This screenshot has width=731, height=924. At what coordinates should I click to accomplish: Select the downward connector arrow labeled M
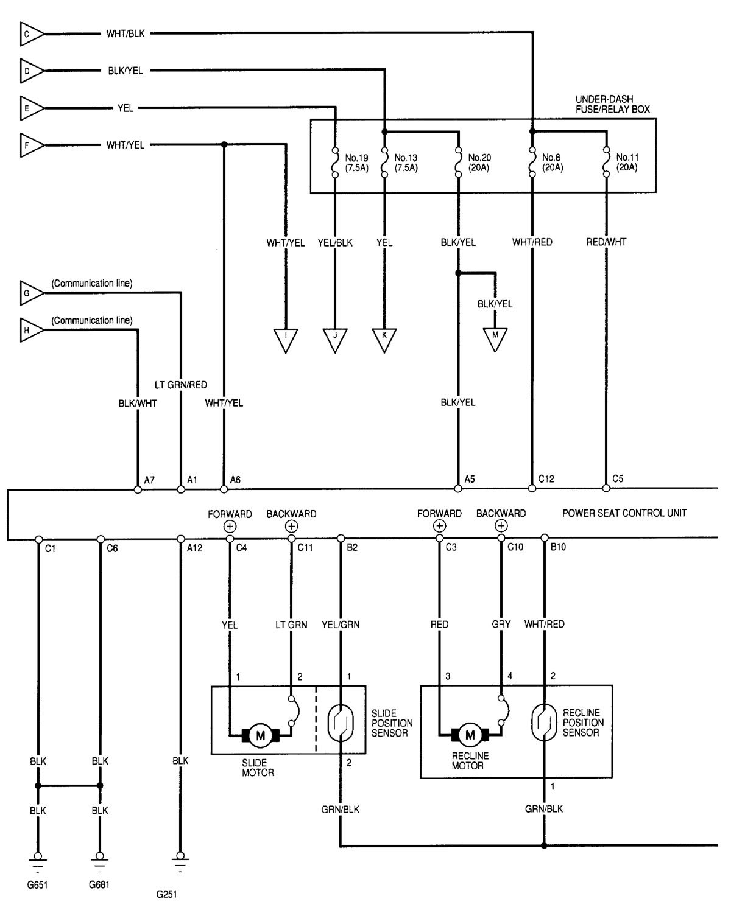click(495, 338)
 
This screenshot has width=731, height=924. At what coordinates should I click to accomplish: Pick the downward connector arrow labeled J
click(335, 338)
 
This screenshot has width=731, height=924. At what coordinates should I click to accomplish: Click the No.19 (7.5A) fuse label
click(356, 163)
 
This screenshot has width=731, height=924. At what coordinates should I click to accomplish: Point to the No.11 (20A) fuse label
click(626, 162)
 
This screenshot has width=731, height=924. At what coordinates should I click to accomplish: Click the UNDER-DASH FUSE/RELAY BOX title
click(612, 104)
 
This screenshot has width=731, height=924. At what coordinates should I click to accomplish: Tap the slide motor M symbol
click(261, 735)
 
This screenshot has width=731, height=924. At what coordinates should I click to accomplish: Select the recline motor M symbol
click(470, 735)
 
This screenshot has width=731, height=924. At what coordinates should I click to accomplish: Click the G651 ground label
click(37, 885)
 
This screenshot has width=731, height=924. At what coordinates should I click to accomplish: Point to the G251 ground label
click(167, 895)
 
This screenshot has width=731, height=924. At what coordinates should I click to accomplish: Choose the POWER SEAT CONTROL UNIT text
click(624, 513)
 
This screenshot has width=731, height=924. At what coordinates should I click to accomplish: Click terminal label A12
click(194, 548)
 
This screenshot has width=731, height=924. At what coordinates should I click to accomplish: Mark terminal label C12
click(546, 479)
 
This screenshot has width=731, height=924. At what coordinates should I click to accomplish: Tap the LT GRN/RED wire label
click(180, 385)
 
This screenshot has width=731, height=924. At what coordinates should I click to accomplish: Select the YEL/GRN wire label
click(341, 624)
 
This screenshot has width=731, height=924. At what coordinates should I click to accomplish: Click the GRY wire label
click(501, 624)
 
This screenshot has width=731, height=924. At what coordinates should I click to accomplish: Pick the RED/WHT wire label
click(606, 242)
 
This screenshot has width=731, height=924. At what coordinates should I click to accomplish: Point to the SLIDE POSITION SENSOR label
click(392, 723)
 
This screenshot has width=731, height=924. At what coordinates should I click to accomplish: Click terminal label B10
click(558, 547)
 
